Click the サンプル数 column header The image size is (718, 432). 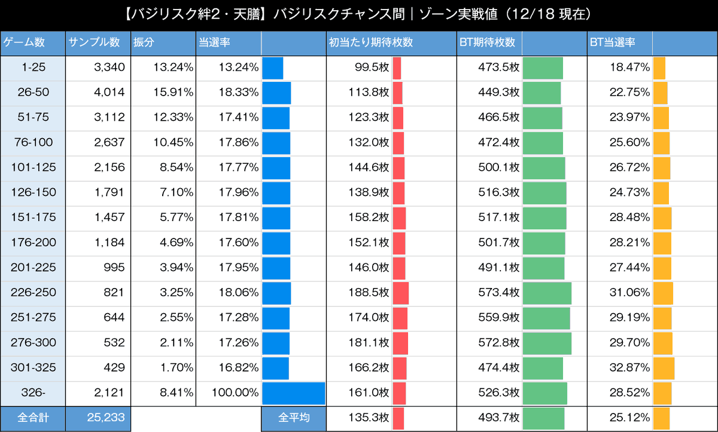point(95,43)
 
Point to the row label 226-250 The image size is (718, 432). point(34,293)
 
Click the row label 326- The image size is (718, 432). point(34,393)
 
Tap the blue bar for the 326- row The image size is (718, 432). point(294,393)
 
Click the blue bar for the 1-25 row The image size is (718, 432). point(273,68)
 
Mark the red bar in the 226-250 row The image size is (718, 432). point(401,293)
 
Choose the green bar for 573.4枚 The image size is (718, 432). point(547,293)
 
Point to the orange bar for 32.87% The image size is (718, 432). point(664,368)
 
